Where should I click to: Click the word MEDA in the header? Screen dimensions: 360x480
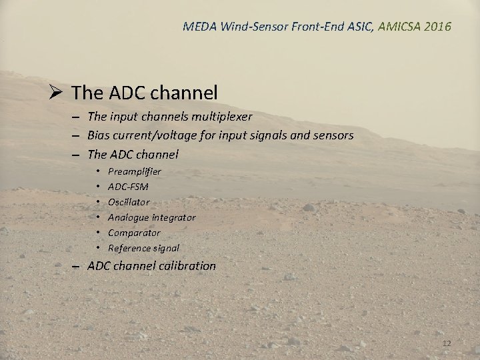point(198,27)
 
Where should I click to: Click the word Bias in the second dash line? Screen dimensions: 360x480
point(98,136)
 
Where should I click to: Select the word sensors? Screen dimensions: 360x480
point(333,136)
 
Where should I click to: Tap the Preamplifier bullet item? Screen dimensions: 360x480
point(134,171)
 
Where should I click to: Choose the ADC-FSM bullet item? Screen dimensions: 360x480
point(128,187)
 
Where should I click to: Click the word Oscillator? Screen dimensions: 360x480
point(129,202)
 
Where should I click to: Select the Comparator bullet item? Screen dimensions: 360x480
point(134,233)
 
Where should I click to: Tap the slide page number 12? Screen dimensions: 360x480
point(447,343)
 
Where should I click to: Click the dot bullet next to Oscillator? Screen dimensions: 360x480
point(99,202)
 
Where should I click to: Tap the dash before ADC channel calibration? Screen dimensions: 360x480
point(78,266)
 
